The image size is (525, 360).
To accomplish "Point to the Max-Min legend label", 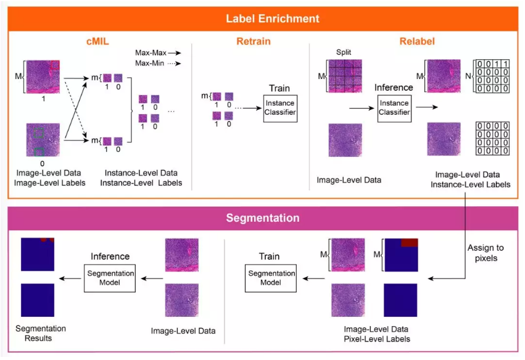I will click(152, 64).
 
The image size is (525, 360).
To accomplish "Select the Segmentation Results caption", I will click(41, 333).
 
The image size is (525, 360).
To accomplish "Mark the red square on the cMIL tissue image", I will click(54, 65).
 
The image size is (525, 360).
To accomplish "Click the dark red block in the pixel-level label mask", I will click(409, 243).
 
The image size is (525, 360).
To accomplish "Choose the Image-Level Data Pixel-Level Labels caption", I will click(376, 334).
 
